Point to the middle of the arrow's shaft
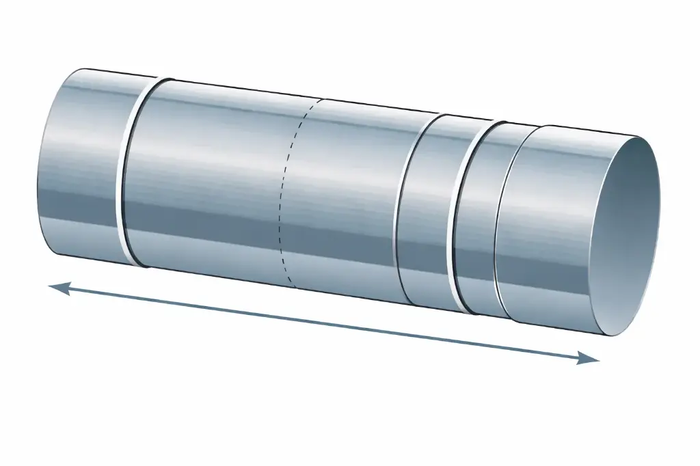pyautogui.click(x=324, y=324)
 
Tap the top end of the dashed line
pyautogui.click(x=319, y=100)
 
